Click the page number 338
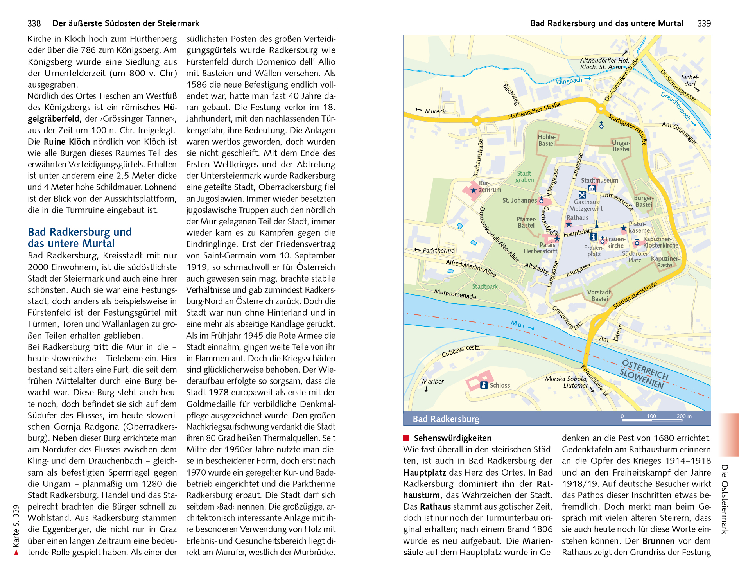pos(34,23)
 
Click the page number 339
pos(704,23)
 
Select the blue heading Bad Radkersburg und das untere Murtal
pos(79,238)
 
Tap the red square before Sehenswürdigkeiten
pos(406,438)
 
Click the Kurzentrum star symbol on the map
pos(474,190)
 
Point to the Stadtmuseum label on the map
pos(599,180)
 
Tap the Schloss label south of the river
pos(500,385)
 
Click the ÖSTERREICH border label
pos(645,369)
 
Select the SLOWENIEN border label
pos(642,379)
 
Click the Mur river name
pos(518,324)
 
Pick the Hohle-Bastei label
pos(547,140)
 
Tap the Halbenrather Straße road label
pos(534,111)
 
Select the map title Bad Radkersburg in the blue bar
pos(446,419)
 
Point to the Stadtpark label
pos(484,286)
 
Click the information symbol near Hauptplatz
pos(593,237)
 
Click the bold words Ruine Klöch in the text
pos(67,142)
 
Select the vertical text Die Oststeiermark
pos(725,499)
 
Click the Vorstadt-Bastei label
pos(599,296)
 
